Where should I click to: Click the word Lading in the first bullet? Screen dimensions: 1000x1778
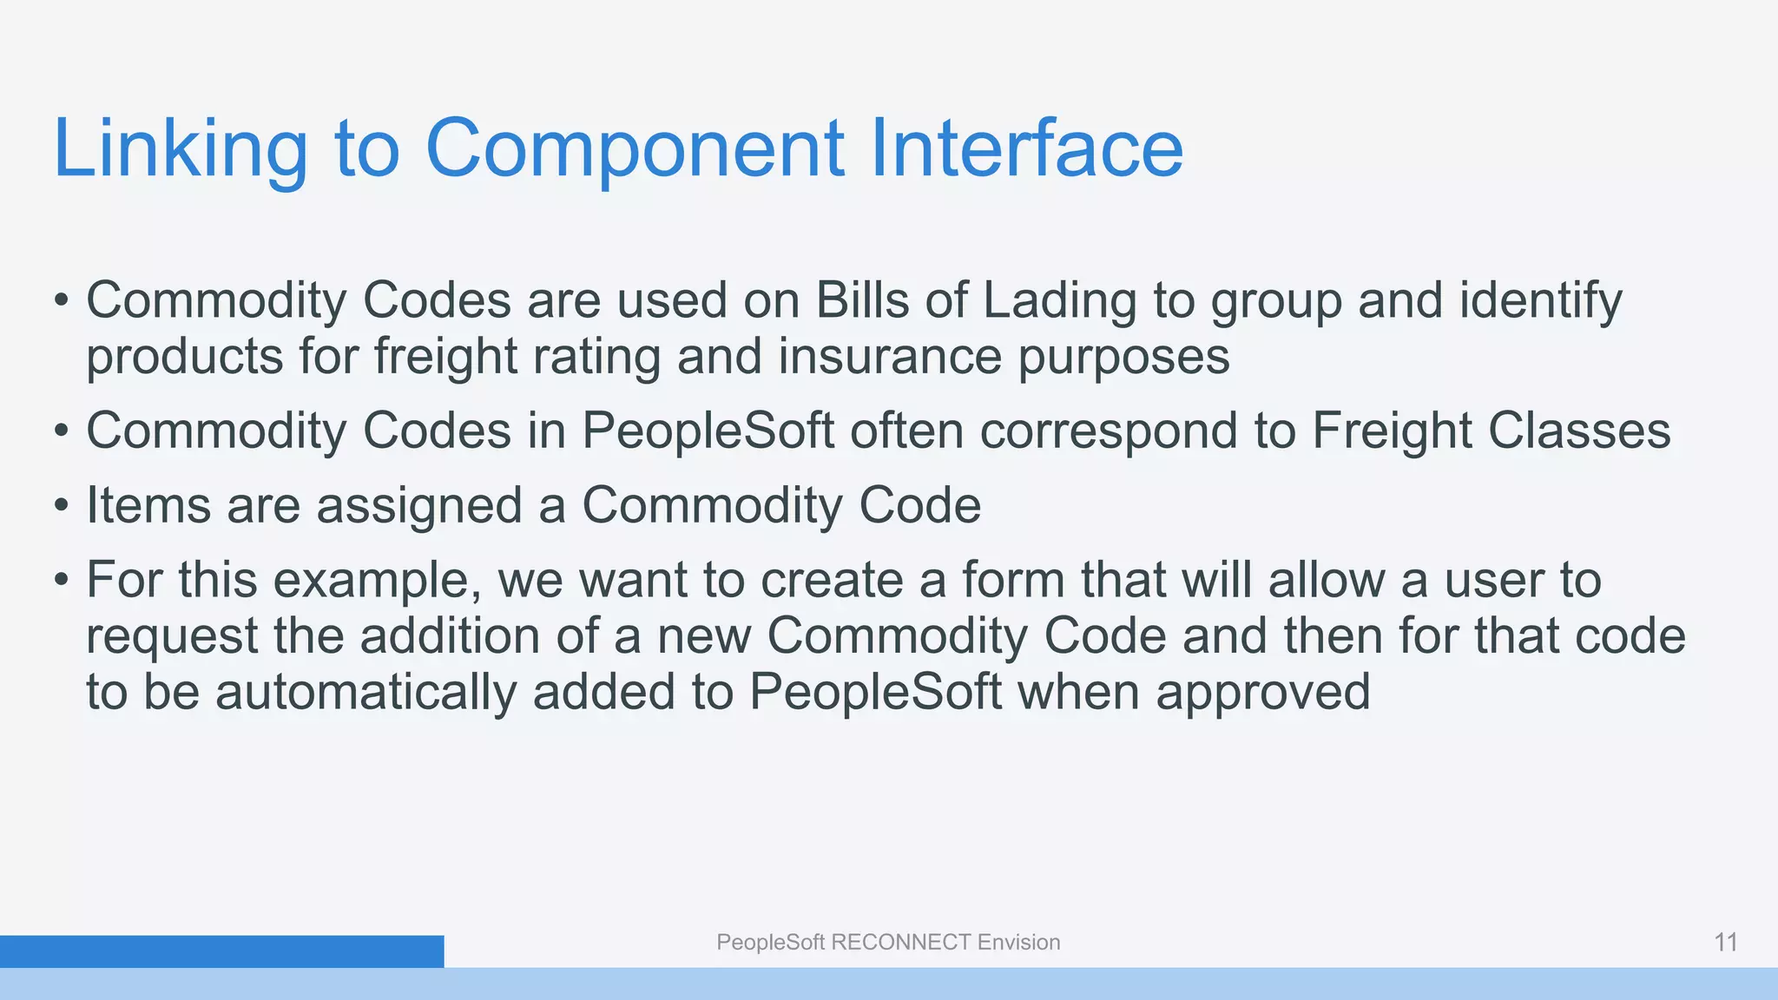1059,302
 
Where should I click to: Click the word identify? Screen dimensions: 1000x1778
1540,302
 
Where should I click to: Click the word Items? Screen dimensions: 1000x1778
148,505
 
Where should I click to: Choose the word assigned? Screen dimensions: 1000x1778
419,507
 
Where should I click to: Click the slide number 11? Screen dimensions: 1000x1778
1725,942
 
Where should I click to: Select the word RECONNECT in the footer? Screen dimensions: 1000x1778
901,943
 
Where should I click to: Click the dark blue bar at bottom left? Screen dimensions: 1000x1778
221,951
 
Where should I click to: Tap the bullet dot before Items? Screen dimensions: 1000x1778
60,506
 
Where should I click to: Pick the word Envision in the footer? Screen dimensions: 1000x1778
1018,943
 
